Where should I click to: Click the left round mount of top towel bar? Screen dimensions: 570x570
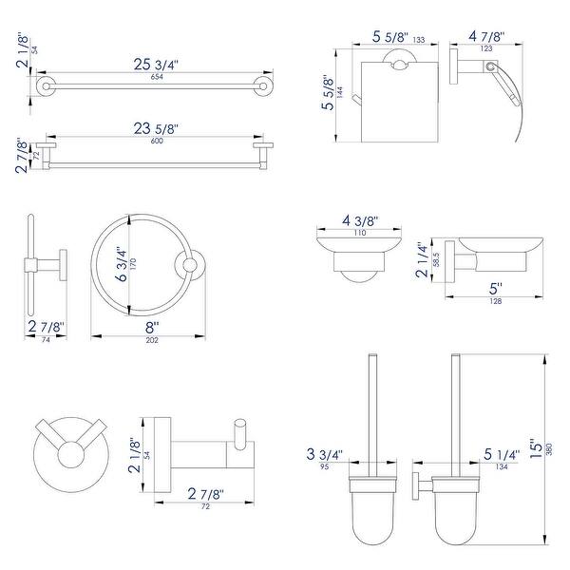click(44, 87)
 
